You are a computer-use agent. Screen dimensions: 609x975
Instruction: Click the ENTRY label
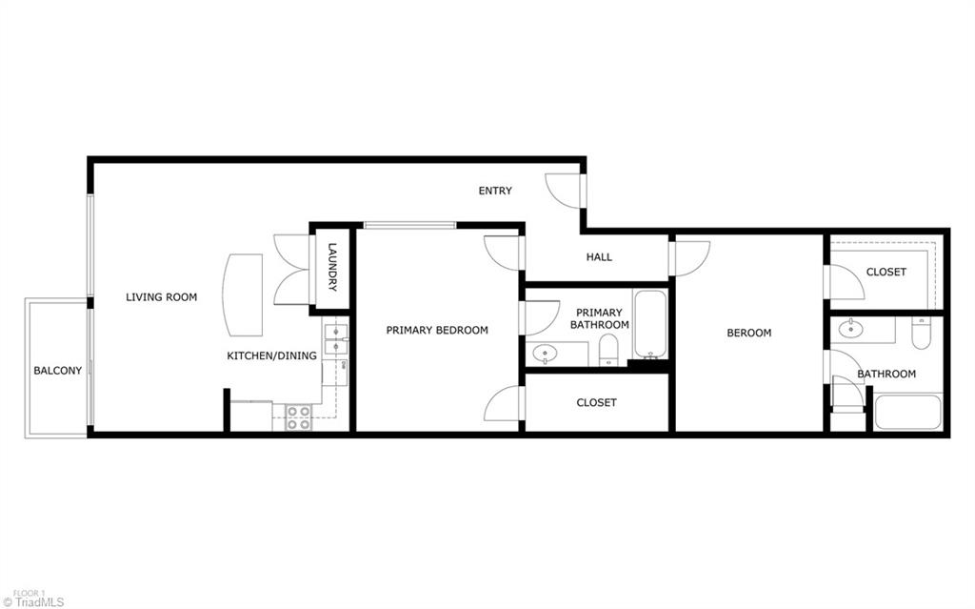[x=494, y=191]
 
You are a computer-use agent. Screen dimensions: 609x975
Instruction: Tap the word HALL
[x=599, y=256]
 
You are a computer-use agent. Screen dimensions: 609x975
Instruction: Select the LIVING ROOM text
[x=161, y=297]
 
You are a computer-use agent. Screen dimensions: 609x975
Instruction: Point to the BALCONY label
[x=57, y=371]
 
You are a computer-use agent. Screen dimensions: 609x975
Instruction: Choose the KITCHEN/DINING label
[x=271, y=355]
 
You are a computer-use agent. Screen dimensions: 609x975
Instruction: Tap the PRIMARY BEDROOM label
[x=436, y=330]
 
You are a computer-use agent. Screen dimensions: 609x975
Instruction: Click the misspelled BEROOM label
[x=748, y=333]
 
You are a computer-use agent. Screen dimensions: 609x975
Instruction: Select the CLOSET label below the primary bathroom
[x=596, y=402]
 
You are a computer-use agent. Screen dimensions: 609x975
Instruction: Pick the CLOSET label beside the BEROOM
[x=885, y=272]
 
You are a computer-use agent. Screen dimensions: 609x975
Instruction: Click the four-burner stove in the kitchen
[x=298, y=417]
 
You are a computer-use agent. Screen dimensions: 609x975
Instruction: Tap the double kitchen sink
[x=336, y=340]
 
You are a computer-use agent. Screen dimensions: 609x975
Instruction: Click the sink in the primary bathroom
[x=546, y=353]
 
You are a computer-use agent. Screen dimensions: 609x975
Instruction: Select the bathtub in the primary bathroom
[x=651, y=325]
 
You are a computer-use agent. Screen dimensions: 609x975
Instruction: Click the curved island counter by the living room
[x=243, y=294]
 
